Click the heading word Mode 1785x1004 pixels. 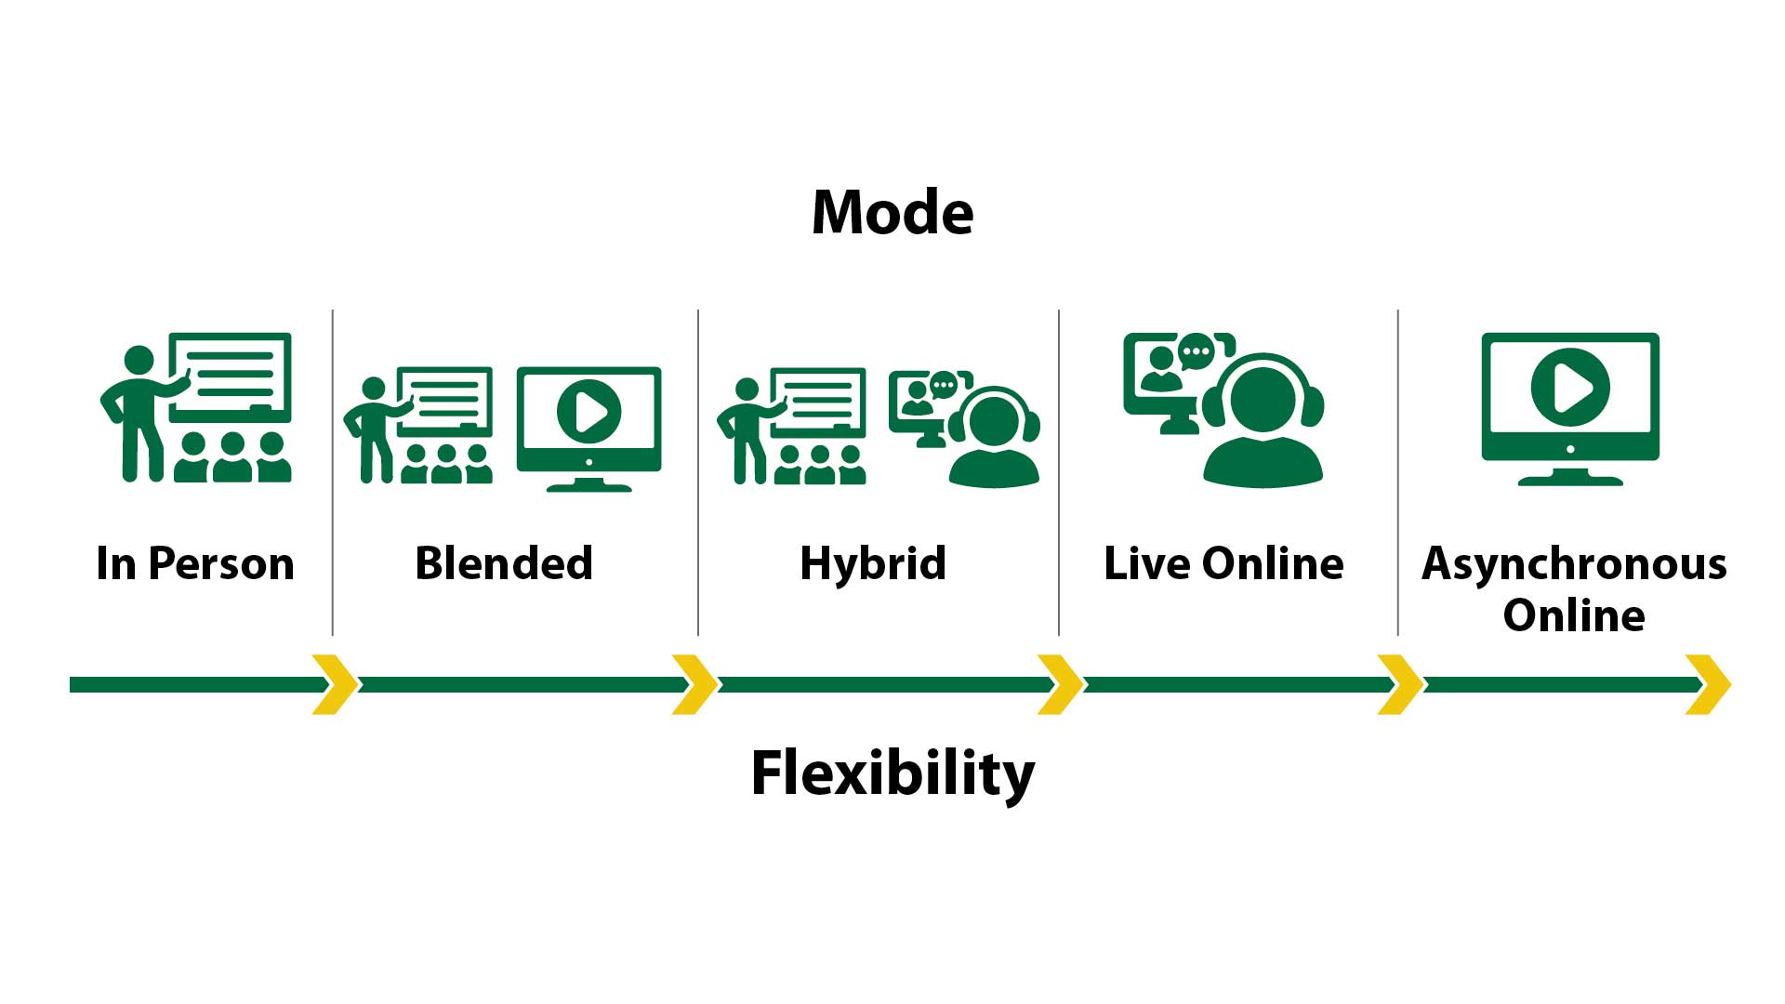892,213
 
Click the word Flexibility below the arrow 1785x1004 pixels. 892,773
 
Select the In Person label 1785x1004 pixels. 195,563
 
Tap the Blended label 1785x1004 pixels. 504,563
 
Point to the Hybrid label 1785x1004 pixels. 873,563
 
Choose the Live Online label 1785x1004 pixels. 1223,563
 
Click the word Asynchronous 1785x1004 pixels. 1574,563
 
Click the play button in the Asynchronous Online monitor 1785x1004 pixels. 1570,387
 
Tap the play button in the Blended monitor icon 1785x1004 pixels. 588,411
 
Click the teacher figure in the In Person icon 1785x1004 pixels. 138,409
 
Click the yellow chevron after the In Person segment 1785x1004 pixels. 335,685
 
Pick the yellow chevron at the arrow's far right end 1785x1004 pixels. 1708,685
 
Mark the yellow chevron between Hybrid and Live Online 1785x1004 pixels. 1060,685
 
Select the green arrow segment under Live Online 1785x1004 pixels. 1236,685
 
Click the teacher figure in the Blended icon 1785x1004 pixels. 374,428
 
